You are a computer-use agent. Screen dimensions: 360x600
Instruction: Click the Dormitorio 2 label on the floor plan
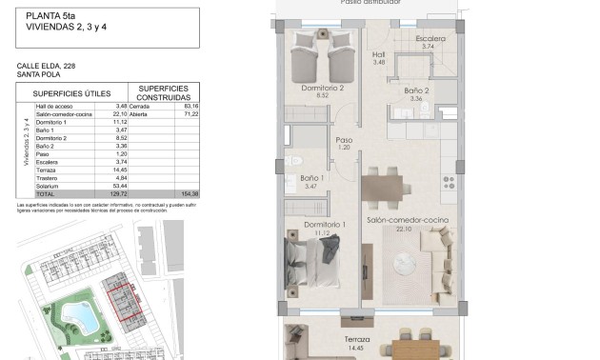pos(322,90)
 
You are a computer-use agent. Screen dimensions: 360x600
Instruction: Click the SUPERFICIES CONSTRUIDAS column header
pos(163,92)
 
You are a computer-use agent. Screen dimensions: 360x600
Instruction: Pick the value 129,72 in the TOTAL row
pos(117,192)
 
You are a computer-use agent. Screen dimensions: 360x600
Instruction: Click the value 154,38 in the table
pos(175,192)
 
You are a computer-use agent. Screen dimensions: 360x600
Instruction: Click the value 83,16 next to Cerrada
pos(175,106)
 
